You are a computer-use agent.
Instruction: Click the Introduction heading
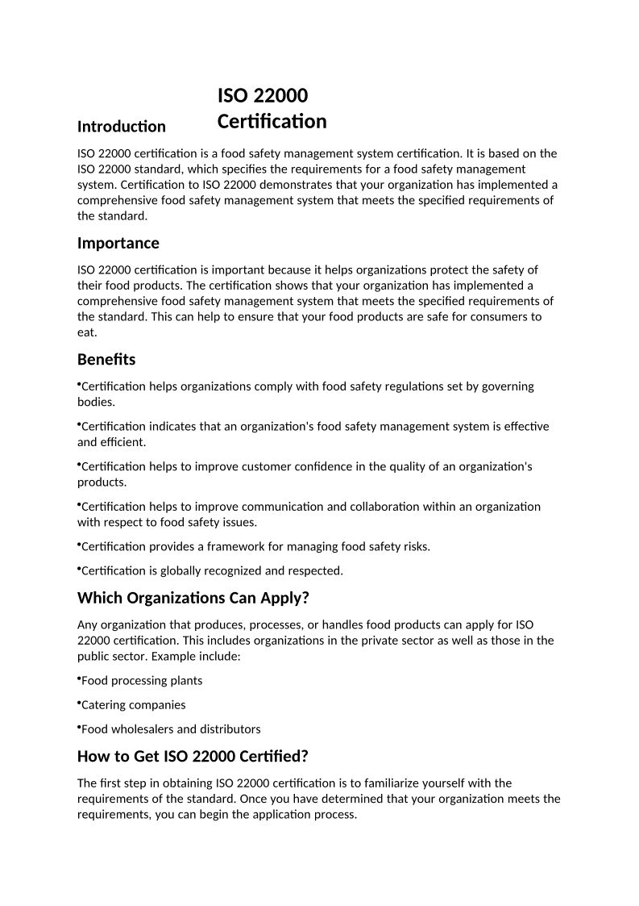121,127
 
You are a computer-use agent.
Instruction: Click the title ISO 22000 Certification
272,109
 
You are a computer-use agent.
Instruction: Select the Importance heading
118,243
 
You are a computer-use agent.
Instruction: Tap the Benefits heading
106,359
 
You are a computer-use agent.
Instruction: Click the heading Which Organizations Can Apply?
193,598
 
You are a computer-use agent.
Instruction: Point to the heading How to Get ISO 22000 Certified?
193,756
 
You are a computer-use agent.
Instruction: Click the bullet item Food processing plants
141,680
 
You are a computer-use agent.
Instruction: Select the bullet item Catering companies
133,704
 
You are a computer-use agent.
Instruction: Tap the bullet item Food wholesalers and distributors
170,729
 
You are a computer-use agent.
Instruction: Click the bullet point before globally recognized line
79,569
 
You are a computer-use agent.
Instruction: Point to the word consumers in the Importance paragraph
493,316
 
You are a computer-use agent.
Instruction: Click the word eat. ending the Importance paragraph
87,332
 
